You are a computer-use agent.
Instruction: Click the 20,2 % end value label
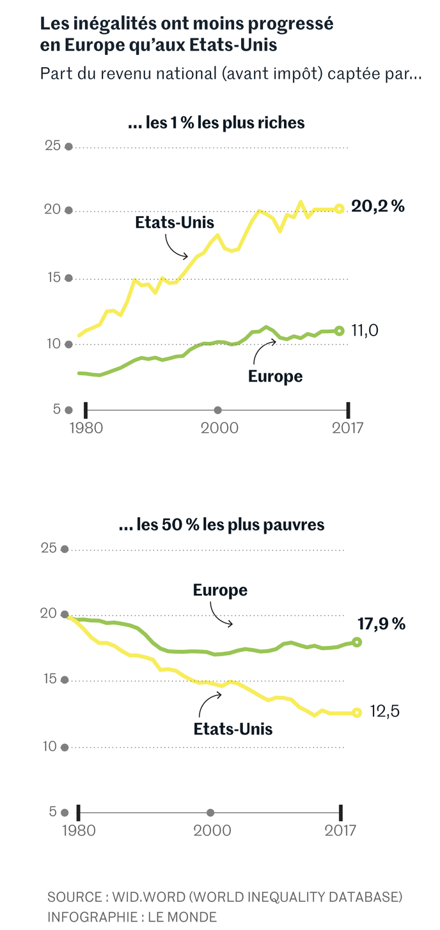pos(378,206)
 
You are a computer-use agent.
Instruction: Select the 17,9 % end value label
pos(381,624)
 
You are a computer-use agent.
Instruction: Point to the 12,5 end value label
pos(384,711)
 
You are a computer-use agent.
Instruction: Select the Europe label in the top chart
pos(275,376)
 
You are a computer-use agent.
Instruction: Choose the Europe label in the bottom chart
pos(220,590)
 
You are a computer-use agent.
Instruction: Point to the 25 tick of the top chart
pos(52,146)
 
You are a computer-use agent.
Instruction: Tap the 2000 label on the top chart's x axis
pos(217,428)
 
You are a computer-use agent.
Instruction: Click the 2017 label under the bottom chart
pos(340,830)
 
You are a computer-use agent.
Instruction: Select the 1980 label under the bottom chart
pos(79,830)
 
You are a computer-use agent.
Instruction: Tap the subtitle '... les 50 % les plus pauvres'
pos(221,525)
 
